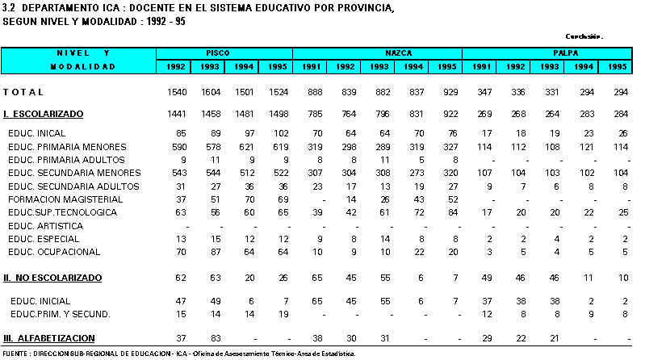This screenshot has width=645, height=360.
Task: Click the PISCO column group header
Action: [x=218, y=53]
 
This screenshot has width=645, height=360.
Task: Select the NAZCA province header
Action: [x=398, y=53]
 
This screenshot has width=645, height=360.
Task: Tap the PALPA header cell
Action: [x=566, y=53]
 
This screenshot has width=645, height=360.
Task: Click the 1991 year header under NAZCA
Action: [x=311, y=67]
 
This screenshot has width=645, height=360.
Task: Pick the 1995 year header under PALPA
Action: [x=617, y=67]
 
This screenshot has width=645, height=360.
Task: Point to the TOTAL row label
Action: [x=23, y=92]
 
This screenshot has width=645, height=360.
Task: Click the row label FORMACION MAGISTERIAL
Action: [x=65, y=199]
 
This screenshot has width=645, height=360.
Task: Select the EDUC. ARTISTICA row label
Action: [x=46, y=226]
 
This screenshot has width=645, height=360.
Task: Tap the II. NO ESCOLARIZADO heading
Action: [x=52, y=278]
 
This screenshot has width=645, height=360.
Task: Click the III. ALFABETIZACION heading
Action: [x=49, y=338]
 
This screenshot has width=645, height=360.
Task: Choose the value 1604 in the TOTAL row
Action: [x=211, y=92]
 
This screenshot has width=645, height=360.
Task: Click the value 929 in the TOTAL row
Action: [x=450, y=92]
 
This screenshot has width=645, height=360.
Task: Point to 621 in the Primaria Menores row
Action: [x=247, y=147]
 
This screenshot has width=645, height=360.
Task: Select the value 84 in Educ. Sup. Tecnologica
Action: [x=453, y=212]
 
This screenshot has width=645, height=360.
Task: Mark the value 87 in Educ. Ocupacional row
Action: [x=216, y=252]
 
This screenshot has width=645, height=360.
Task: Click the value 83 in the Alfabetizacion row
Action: [x=216, y=338]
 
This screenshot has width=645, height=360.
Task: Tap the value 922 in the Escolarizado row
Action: [x=450, y=114]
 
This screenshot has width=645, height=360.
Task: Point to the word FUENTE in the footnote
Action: [x=15, y=354]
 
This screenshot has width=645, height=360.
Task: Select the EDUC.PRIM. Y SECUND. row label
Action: [x=60, y=314]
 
